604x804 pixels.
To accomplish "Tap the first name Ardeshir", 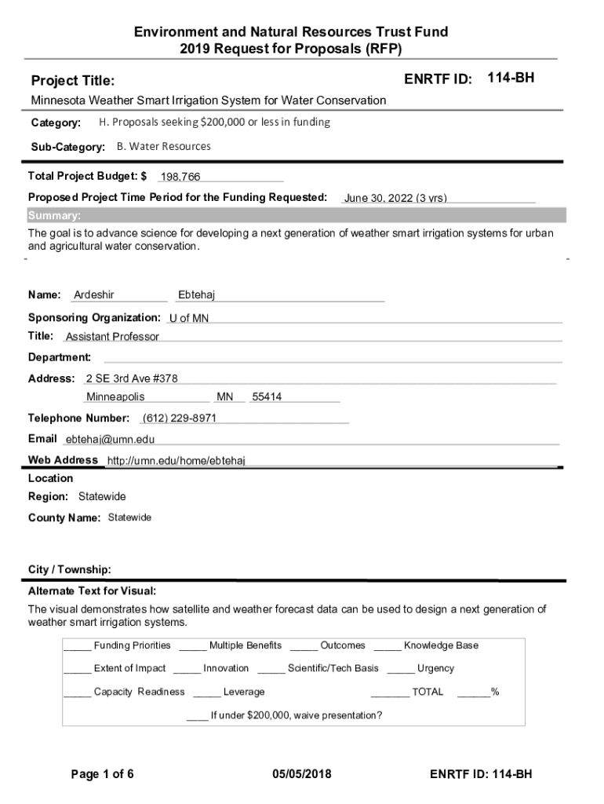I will click(94, 295).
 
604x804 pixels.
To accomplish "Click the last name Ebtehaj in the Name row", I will click(196, 295).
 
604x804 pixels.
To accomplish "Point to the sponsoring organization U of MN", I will click(189, 318).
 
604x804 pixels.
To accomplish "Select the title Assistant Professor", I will click(112, 337).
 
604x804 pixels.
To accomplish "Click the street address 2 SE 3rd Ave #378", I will click(132, 378).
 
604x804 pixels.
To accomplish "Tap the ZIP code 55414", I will click(267, 397).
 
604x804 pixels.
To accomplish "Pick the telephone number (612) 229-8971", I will click(180, 418).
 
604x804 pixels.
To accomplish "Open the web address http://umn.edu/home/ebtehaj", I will click(176, 460).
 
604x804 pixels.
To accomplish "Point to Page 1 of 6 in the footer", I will click(103, 775).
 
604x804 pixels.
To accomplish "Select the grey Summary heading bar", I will click(296, 216).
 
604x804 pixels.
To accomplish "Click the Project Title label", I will click(72, 81).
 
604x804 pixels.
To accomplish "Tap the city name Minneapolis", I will click(115, 397).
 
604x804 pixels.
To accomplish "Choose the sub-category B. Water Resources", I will click(163, 146).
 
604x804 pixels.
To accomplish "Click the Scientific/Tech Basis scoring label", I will click(333, 668).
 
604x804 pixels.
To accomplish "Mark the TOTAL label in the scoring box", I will click(428, 692).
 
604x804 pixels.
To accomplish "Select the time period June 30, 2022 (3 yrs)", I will click(395, 199).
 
